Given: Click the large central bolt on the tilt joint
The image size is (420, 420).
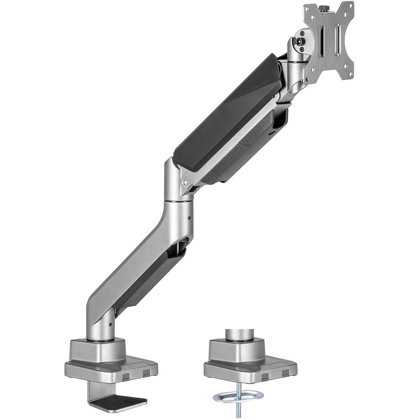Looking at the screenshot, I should pos(300,42).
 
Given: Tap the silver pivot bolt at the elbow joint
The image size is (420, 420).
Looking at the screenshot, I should pos(184,183).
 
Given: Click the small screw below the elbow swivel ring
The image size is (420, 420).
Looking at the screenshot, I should pos(189,217).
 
